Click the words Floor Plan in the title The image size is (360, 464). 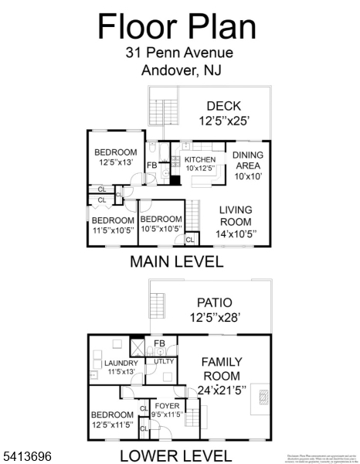pos(177,26)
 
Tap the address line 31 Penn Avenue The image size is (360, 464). pos(178,53)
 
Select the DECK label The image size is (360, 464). pos(224,106)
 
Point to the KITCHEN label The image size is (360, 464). pos(199,159)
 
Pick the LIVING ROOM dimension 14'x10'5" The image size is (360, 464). pos(236,233)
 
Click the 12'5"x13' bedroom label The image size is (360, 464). pos(116,157)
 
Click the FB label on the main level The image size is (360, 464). pos(152,165)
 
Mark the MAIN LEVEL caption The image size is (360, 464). pos(177,261)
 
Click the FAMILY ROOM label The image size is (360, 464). pos(222,367)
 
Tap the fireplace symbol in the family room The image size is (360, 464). pos(265,397)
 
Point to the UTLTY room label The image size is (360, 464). pos(164,361)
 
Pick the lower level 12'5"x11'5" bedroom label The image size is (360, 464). pos(113,418)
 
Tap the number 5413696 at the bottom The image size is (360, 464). pos(26,457)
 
